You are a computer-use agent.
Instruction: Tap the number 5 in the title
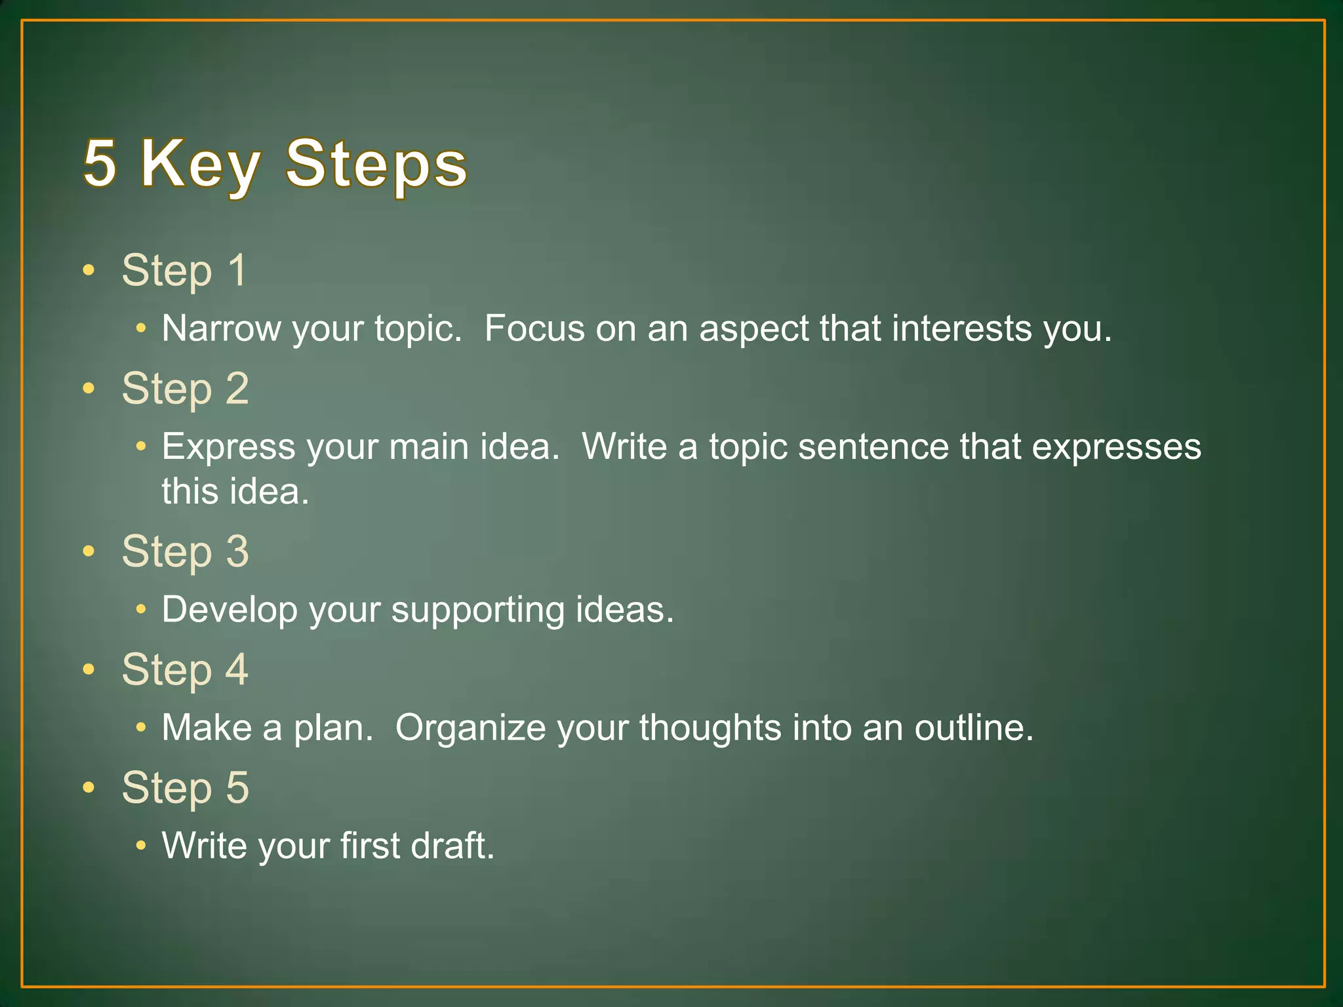pos(100,164)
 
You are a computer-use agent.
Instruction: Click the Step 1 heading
pos(184,270)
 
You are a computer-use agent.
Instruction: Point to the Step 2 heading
pos(186,389)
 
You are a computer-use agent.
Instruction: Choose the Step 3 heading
pos(186,551)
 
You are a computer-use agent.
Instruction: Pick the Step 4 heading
pos(186,670)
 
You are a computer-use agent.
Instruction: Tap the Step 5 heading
pos(186,787)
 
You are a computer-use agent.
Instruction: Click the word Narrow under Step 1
pos(221,328)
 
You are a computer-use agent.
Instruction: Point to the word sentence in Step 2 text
pos(873,447)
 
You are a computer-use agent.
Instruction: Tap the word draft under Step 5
pos(452,846)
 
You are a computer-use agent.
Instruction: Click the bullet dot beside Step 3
pos(89,551)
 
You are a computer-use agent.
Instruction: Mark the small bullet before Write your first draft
pos(140,846)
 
